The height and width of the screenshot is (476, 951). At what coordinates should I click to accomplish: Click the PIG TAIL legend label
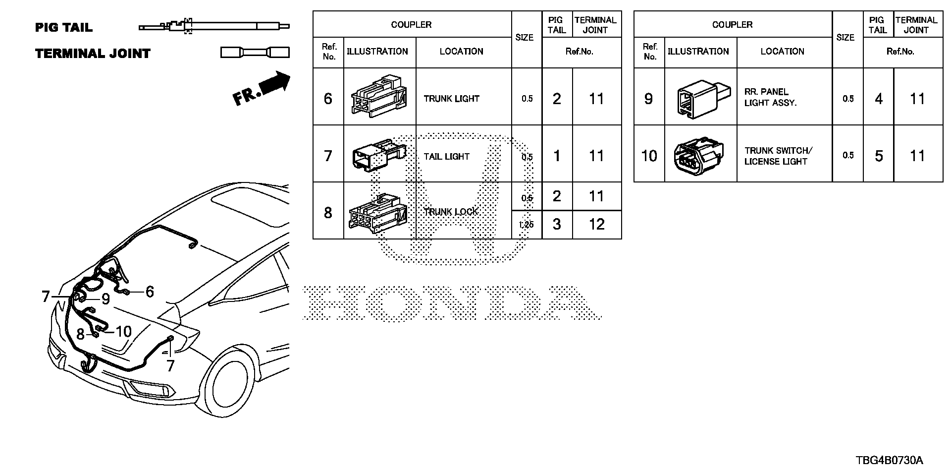(x=63, y=27)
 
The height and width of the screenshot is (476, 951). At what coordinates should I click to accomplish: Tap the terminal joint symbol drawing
(x=255, y=52)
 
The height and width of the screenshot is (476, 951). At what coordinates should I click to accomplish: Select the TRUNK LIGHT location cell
(x=451, y=99)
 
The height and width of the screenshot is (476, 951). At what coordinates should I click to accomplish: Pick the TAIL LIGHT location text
(x=446, y=157)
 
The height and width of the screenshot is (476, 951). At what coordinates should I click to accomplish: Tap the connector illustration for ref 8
(x=378, y=212)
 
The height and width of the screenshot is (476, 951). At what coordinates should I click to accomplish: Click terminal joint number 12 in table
(x=596, y=225)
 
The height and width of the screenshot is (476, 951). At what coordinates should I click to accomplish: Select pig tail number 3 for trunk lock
(x=557, y=225)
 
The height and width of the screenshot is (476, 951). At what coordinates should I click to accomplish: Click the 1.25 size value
(x=526, y=225)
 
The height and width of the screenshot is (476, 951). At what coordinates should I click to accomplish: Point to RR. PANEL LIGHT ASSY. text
(x=770, y=97)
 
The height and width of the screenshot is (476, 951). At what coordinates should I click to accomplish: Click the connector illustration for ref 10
(x=698, y=154)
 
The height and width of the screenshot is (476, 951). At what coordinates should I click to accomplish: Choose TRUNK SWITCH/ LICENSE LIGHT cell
(x=778, y=156)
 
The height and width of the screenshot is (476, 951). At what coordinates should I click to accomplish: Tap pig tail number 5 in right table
(x=878, y=156)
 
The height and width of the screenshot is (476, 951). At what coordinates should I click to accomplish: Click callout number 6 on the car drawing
(x=150, y=292)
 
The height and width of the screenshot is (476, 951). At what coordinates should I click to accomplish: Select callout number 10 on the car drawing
(x=123, y=331)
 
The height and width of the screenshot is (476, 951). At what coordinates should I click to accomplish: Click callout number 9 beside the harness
(x=106, y=299)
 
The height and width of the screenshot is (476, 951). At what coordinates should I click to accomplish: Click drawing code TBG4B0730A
(x=890, y=461)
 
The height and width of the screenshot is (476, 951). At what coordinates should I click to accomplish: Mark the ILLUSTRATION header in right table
(x=698, y=52)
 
